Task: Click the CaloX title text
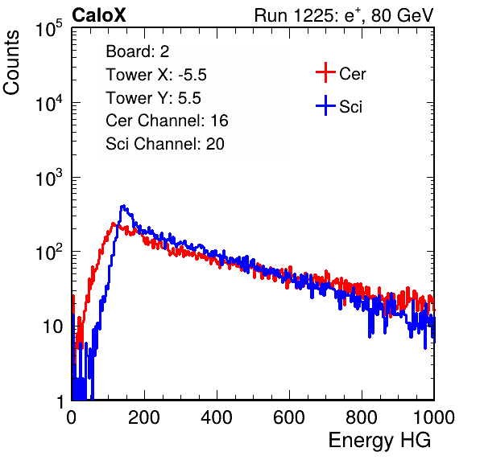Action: (98, 15)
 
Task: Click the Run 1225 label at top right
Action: (344, 15)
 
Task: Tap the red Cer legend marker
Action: (325, 72)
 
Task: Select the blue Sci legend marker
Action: (325, 106)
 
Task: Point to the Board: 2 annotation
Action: (138, 51)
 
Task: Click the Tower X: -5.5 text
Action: (156, 75)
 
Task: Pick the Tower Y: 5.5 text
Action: (153, 98)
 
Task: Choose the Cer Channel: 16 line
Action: (167, 121)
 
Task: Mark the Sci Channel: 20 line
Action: (165, 144)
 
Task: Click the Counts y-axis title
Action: (11, 63)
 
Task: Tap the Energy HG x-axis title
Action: (379, 441)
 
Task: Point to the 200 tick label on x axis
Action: (144, 417)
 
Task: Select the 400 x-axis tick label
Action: (217, 417)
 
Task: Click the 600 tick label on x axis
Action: (289, 417)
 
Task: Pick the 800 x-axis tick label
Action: (362, 417)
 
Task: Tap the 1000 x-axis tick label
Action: (434, 417)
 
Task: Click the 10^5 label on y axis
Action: (49, 29)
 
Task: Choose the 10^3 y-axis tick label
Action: (49, 178)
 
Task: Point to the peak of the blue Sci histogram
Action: (123, 206)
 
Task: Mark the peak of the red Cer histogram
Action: (114, 224)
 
